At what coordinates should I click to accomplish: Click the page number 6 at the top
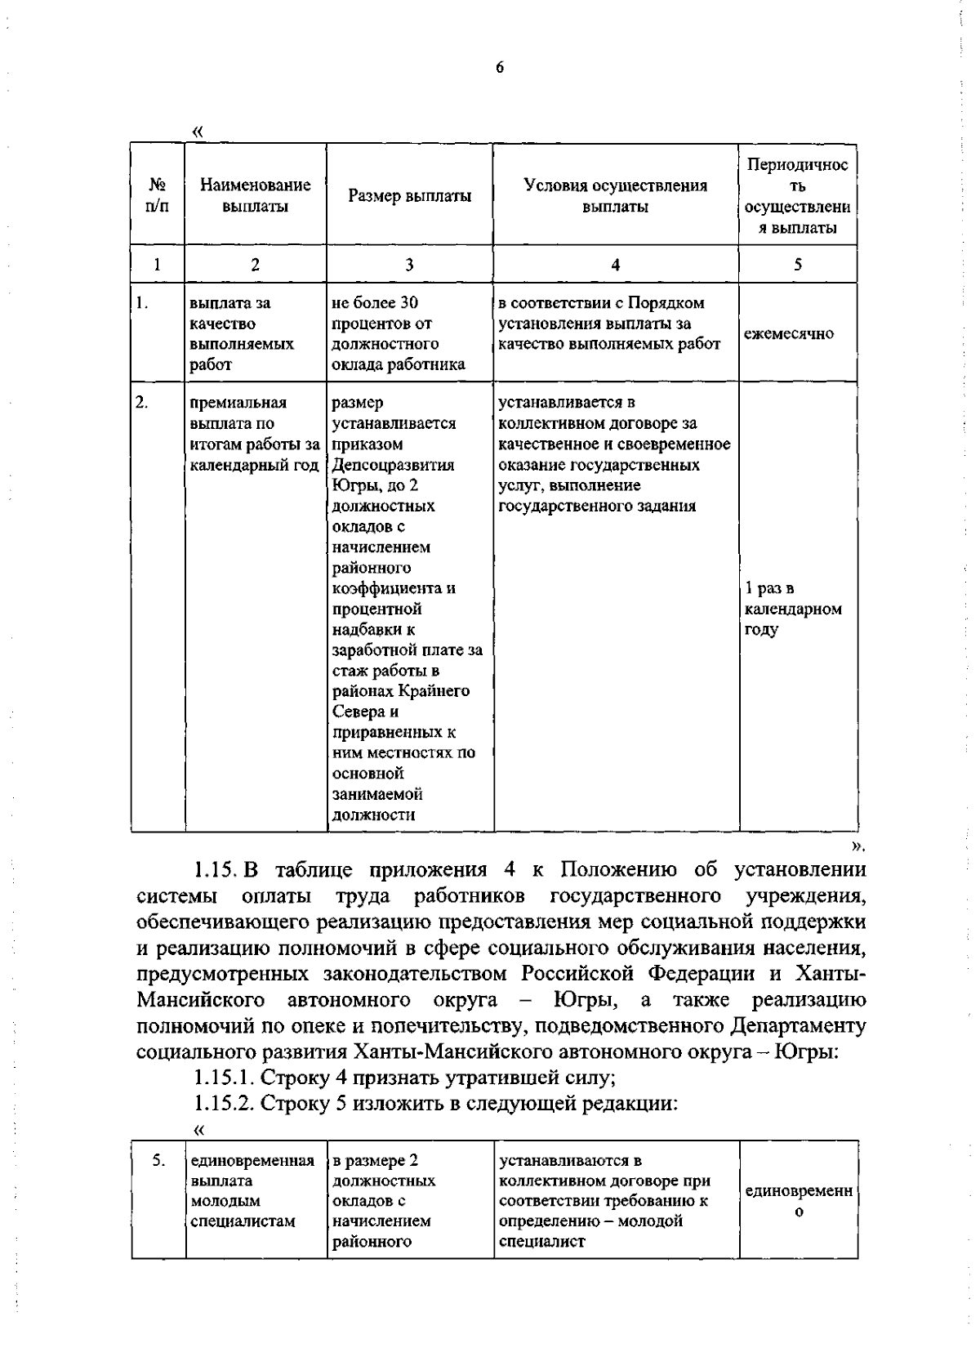[500, 69]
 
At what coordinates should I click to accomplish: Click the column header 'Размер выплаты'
[409, 196]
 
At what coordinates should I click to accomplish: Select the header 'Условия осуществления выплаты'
[615, 196]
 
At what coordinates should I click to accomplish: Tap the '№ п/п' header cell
[157, 196]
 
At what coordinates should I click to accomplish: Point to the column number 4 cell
[615, 265]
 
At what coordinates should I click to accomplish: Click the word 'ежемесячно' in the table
[789, 333]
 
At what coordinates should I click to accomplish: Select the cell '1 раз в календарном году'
[792, 609]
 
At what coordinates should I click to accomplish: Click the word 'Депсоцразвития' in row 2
[394, 465]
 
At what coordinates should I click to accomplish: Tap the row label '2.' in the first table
[142, 403]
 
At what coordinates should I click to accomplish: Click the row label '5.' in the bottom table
[159, 1160]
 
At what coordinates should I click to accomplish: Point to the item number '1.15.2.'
[225, 1104]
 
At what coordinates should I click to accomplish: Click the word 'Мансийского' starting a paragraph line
[200, 1000]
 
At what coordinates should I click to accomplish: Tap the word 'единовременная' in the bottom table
[252, 1160]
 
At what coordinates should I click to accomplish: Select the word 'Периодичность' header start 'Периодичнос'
[798, 165]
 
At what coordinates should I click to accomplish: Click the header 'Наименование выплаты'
[256, 196]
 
